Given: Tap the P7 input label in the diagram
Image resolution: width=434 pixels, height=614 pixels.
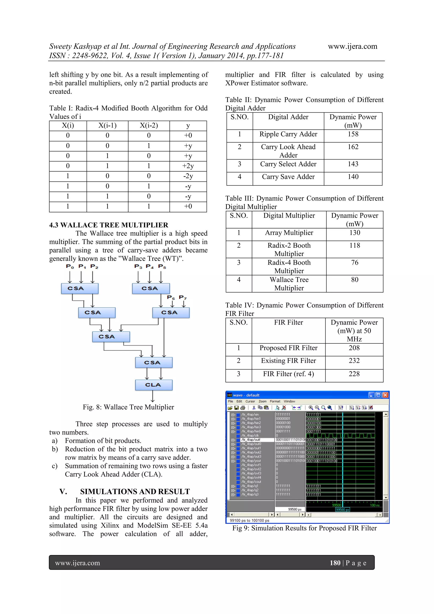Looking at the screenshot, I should click(183, 297).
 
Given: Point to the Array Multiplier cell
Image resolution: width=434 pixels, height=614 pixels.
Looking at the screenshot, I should click(289, 233).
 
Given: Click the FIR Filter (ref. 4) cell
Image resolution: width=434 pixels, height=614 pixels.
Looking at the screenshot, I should click(288, 374).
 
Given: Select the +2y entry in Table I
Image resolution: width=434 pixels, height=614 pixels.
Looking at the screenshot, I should click(188, 166).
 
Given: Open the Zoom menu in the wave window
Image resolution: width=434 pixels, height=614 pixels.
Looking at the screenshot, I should click(262, 401).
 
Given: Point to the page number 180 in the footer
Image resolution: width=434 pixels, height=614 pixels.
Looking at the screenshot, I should click(335, 563).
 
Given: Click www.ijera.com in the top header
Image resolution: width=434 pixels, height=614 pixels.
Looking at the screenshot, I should click(352, 46).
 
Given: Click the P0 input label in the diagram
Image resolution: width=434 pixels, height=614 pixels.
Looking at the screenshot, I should click(70, 266).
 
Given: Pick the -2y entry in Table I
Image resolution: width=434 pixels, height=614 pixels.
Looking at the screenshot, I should click(188, 176).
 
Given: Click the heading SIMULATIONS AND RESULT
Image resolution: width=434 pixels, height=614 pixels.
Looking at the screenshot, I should click(135, 492).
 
